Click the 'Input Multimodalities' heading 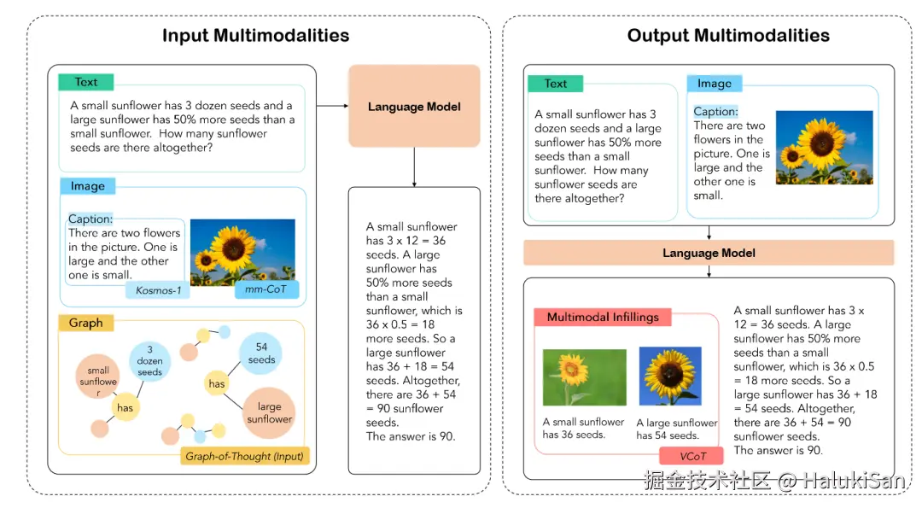(255, 36)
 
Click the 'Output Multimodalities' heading (728, 36)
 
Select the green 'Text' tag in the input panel (85, 82)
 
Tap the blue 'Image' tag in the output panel (714, 83)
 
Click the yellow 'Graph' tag (85, 323)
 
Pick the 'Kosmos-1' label (159, 291)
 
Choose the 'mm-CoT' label (266, 290)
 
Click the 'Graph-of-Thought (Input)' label (245, 456)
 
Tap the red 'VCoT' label (691, 455)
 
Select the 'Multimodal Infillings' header (602, 317)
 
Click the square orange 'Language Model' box (414, 107)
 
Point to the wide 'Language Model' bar (709, 253)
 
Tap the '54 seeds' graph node (261, 353)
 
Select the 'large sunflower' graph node (269, 413)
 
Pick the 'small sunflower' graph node (98, 377)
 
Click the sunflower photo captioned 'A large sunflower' (669, 377)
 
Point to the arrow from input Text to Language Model (332, 106)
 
